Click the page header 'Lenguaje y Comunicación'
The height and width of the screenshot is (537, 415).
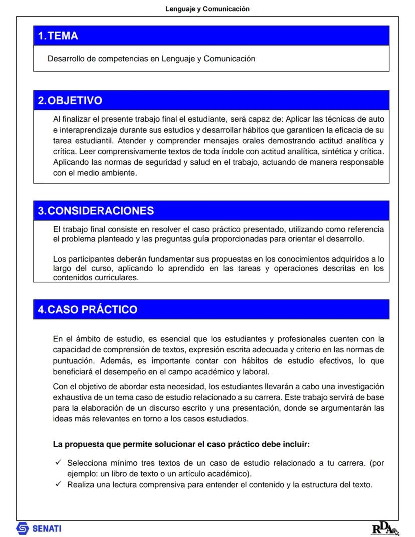207,9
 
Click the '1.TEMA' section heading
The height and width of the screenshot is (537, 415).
58,36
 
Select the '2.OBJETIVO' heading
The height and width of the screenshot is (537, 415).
70,100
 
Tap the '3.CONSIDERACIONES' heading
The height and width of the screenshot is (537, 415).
96,211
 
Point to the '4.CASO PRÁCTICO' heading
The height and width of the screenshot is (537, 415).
87,309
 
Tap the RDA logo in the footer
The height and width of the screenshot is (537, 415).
385,528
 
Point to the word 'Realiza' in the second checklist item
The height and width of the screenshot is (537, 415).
80,485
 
